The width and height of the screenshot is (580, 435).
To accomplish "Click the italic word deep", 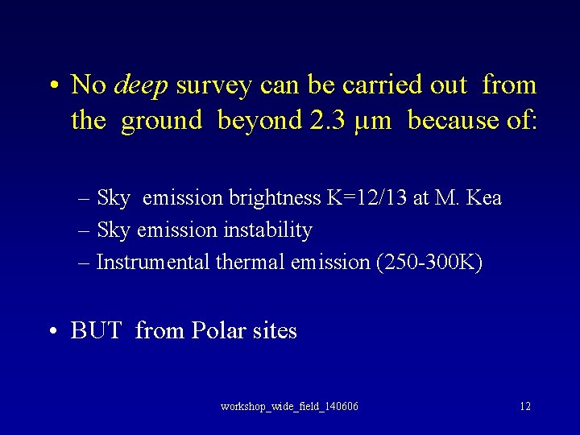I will pos(142,85).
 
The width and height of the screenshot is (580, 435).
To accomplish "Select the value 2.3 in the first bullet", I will pos(329,121).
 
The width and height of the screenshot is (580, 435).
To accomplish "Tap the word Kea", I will pos(484,198).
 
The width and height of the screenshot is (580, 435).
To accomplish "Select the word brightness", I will pos(275,198).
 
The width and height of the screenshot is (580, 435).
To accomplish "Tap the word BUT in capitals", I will pos(96,331).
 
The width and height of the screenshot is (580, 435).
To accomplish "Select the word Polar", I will pos(220,331).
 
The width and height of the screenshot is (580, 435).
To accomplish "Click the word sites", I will pos(275,331).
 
